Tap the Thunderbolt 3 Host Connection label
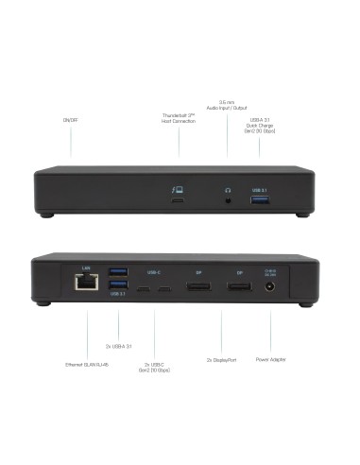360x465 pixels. tap(178, 118)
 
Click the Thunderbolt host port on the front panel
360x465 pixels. tap(178, 200)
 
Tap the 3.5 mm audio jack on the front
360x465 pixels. tap(228, 200)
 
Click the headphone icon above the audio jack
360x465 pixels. tap(228, 190)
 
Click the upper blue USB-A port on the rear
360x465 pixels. tap(119, 274)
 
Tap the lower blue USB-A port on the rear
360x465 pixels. tap(119, 285)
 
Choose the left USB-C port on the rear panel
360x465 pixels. tap(146, 286)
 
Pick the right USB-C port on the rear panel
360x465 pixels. tap(165, 286)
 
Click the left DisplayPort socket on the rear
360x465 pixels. tap(198, 286)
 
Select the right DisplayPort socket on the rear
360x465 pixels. tap(239, 286)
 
